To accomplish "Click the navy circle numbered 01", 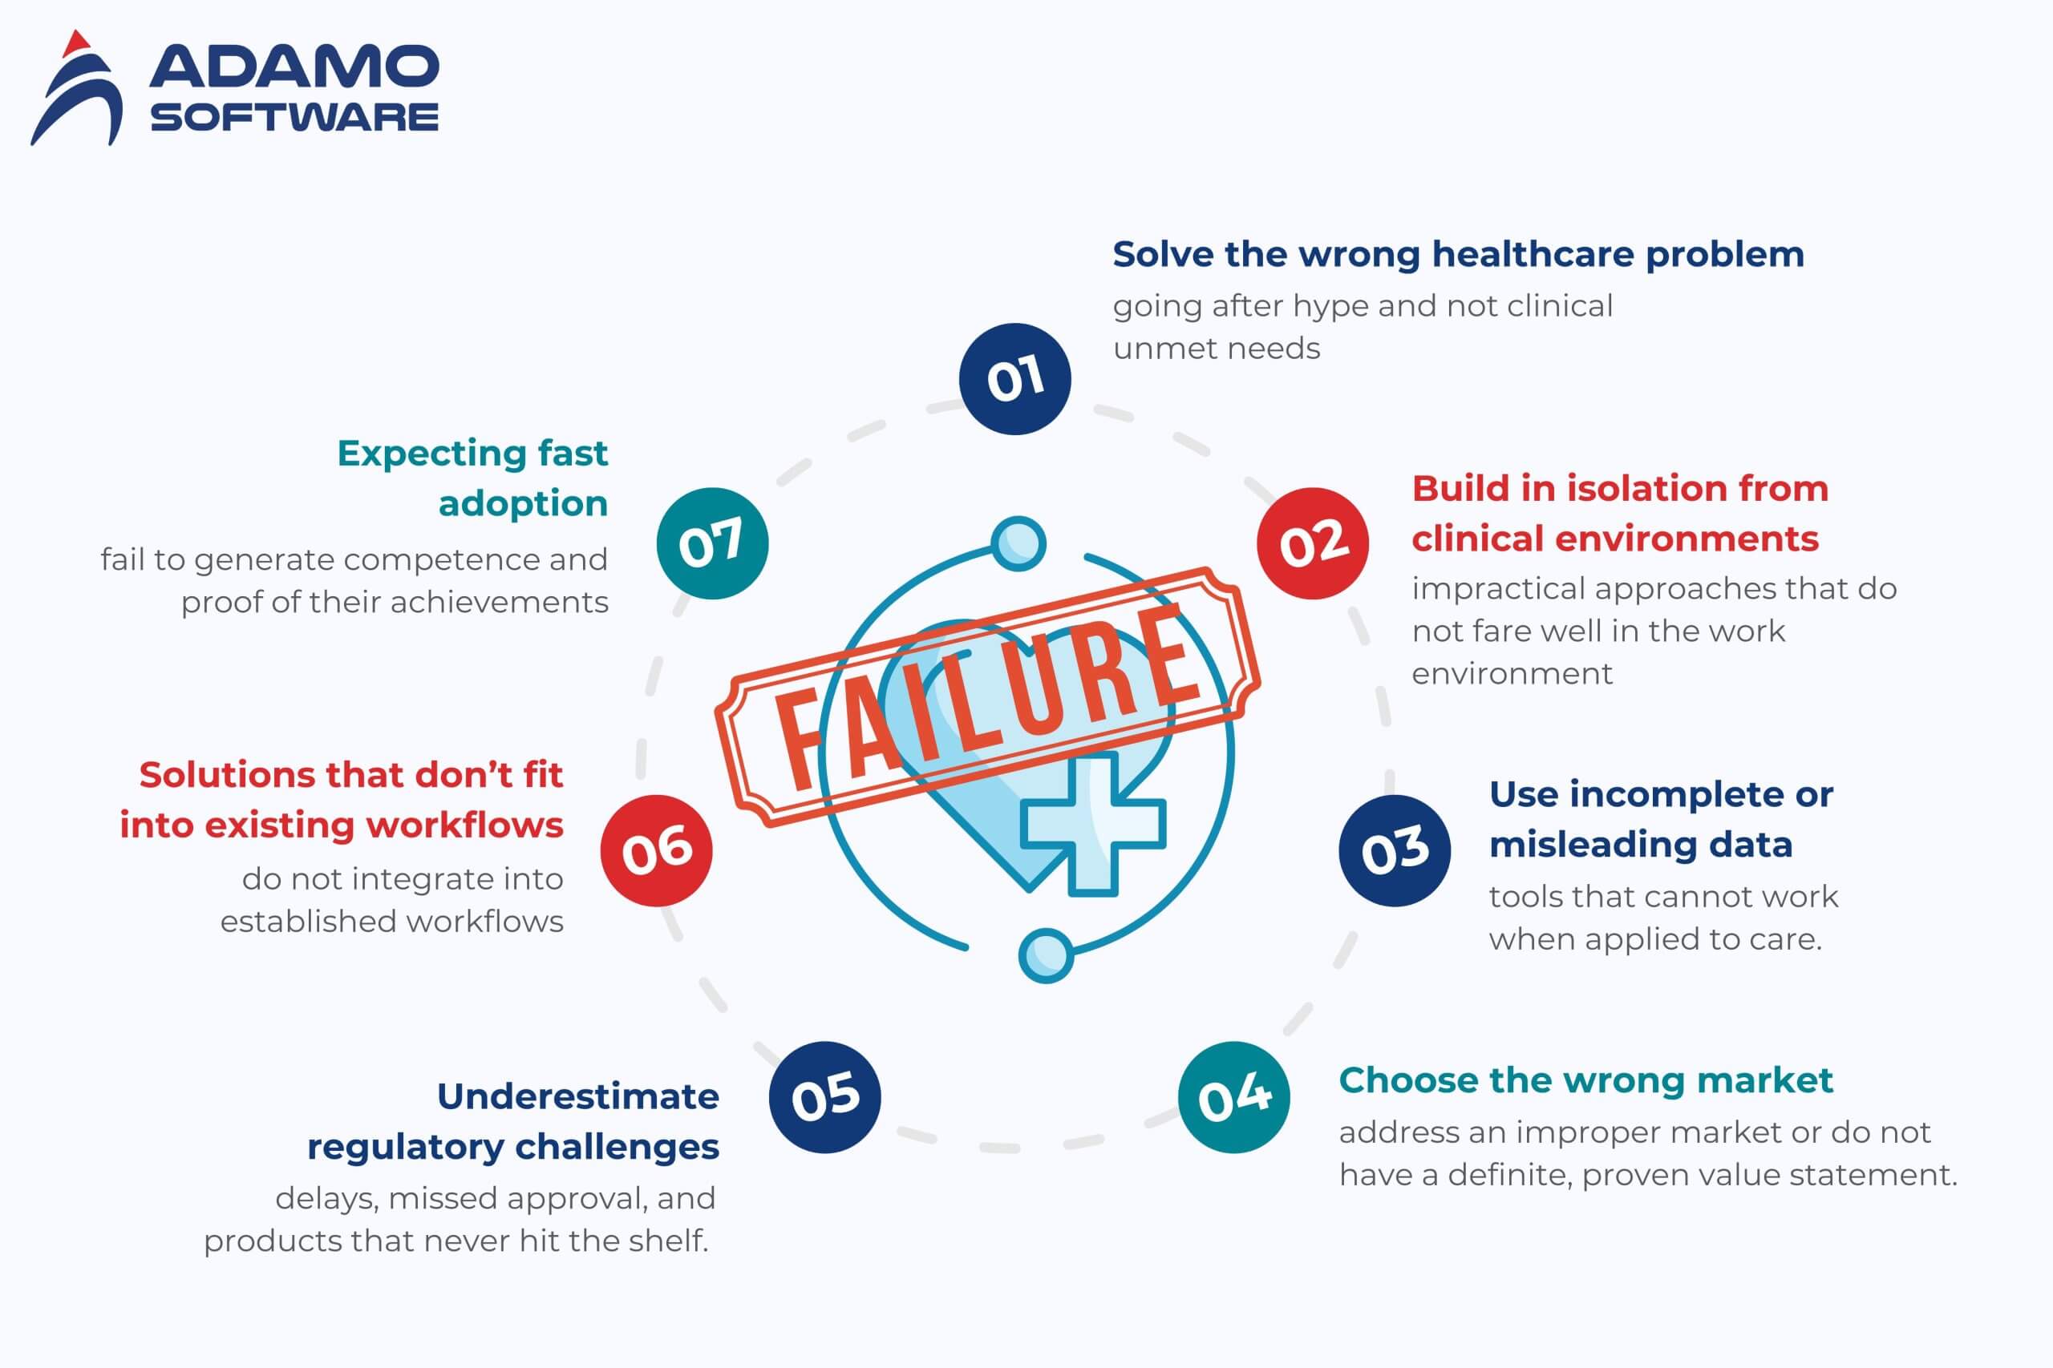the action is (x=1014, y=378).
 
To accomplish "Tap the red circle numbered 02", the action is (x=1313, y=543).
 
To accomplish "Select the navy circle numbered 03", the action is (x=1395, y=850).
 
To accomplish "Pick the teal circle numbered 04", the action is (x=1233, y=1096).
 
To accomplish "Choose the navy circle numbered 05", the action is (x=825, y=1096).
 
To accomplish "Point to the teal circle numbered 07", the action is (x=712, y=543).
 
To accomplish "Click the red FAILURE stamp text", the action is (x=988, y=696).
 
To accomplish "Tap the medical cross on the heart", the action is (x=1093, y=823).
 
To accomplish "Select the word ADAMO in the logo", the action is (x=294, y=67).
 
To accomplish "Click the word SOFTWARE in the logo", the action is (x=294, y=117).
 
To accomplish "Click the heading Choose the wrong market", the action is (x=1586, y=1080).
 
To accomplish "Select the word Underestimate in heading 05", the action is (x=578, y=1096).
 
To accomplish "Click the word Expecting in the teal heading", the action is (x=431, y=454).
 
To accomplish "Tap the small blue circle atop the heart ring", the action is (x=1018, y=543).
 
